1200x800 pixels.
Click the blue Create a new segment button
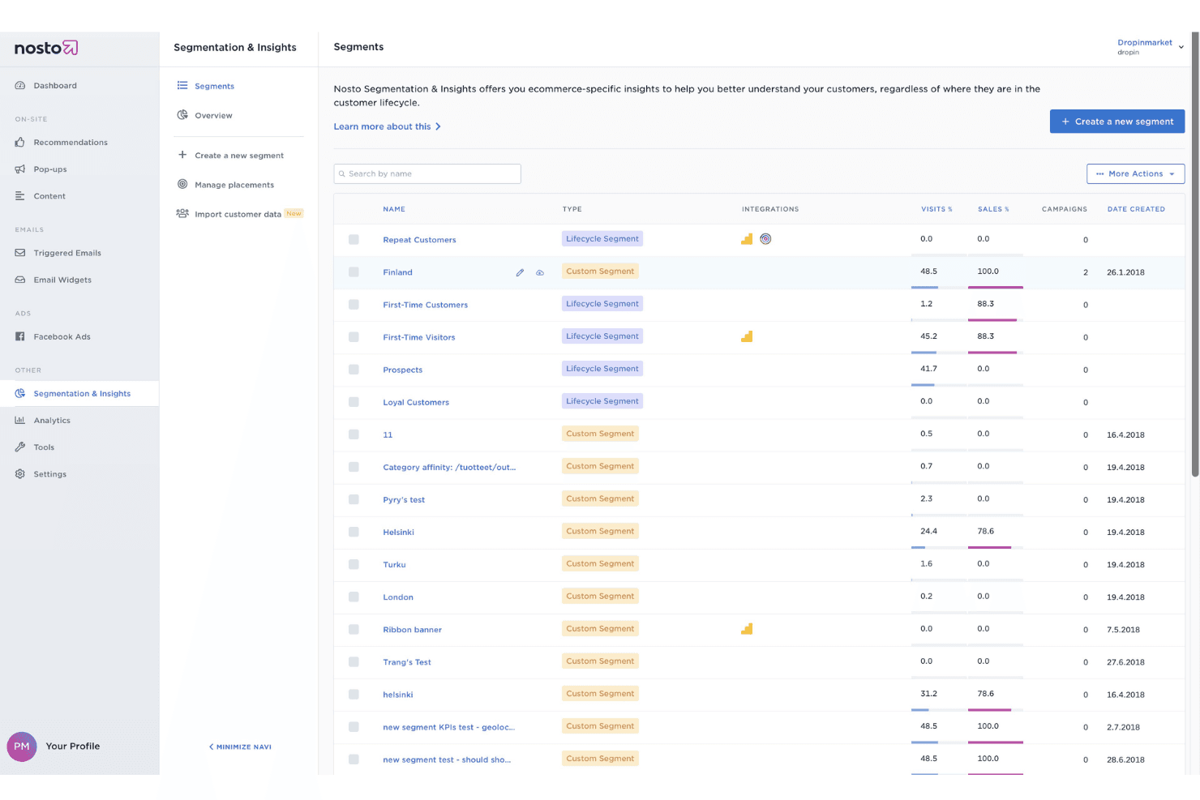(1117, 122)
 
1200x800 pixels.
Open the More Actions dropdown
(1135, 173)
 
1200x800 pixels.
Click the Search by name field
(427, 173)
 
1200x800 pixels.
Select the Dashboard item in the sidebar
(54, 86)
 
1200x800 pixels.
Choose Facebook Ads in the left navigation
(62, 337)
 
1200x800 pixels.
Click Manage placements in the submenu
(234, 185)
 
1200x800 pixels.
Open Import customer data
(238, 214)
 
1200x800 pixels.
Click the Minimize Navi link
(240, 747)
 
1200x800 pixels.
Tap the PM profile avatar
(21, 746)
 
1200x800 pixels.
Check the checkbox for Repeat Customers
(354, 239)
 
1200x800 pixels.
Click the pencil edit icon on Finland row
(520, 272)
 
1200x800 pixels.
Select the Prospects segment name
(402, 370)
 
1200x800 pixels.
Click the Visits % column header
(936, 209)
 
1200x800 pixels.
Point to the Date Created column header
(1136, 209)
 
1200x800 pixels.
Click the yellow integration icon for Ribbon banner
(747, 629)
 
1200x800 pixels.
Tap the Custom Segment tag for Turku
(600, 564)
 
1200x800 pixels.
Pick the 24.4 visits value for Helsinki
(928, 531)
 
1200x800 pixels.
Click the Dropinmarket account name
(1144, 42)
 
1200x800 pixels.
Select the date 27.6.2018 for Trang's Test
(1125, 662)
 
